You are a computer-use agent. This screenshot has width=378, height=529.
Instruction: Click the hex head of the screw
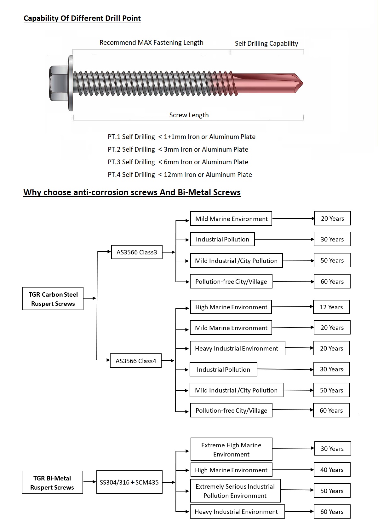click(x=59, y=83)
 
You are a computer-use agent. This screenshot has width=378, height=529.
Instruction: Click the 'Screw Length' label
click(x=189, y=115)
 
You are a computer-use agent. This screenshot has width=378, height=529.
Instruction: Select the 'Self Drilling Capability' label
click(x=266, y=44)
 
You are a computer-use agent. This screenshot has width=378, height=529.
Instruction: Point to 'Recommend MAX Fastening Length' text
click(x=151, y=43)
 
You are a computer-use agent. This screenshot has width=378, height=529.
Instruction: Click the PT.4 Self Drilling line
click(x=180, y=175)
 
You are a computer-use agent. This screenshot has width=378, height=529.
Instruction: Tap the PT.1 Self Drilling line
click(x=181, y=137)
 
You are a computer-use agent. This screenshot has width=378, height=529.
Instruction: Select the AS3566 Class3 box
click(x=137, y=252)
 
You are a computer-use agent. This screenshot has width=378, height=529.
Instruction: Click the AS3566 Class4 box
click(x=136, y=361)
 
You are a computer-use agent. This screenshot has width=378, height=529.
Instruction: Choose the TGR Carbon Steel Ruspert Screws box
click(x=53, y=299)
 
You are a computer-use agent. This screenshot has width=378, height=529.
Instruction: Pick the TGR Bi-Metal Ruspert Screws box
click(x=52, y=482)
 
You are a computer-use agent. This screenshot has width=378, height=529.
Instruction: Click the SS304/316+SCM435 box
click(x=129, y=482)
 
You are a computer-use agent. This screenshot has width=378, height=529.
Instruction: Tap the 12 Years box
click(x=331, y=307)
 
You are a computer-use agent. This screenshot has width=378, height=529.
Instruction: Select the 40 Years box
click(x=332, y=469)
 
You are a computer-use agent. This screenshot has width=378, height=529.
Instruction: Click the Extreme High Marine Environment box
click(x=231, y=449)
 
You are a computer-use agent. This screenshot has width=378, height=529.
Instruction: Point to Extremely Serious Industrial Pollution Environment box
click(x=235, y=491)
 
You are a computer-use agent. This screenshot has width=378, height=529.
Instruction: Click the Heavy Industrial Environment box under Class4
click(x=238, y=348)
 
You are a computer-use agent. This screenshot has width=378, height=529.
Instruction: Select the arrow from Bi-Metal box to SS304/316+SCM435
click(x=90, y=482)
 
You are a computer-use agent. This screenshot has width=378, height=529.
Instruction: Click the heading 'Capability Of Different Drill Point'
click(x=82, y=18)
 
